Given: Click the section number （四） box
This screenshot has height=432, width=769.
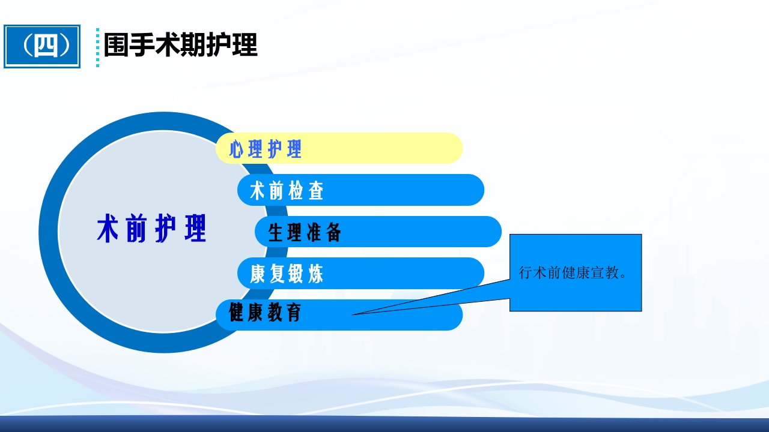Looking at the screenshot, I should coord(42,46).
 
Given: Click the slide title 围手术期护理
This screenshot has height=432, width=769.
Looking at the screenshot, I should coord(180,46).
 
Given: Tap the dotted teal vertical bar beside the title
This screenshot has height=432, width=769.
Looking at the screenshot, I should coord(97,47).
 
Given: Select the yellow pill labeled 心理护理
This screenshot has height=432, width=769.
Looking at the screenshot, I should coord(339,148).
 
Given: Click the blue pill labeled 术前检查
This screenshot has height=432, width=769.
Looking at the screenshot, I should coord(360,190).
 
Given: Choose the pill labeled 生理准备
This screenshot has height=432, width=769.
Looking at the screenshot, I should coord(378,232).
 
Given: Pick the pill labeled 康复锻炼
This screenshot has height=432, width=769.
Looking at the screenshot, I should coord(360,274).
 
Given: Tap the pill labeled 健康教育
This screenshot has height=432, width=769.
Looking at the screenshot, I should coord(339,314).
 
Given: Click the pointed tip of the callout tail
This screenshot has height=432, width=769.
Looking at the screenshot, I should coord(353,314).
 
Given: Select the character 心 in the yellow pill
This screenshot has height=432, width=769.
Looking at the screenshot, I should coord(236,149).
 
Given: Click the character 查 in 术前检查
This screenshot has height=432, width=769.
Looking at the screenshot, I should coord(315,191).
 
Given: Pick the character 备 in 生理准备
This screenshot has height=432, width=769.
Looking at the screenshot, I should coord(333,232).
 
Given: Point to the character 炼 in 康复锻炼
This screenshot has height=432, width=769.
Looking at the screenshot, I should coord(315,274).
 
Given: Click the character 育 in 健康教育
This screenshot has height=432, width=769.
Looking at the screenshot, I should coord(294,313).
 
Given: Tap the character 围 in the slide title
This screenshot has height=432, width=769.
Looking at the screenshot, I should coord(116,46).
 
